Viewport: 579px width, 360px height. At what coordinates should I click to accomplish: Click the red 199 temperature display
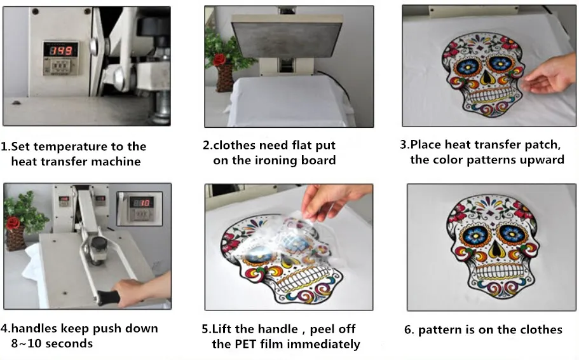click(x=61, y=50)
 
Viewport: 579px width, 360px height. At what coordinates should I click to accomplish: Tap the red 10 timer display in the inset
click(x=141, y=202)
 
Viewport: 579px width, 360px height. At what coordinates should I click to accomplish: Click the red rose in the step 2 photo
click(x=220, y=59)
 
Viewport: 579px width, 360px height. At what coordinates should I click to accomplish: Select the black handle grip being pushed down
click(x=109, y=298)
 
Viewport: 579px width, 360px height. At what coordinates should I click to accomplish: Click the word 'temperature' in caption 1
click(x=72, y=147)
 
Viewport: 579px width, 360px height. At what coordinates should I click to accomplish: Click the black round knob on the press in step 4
click(x=99, y=244)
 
